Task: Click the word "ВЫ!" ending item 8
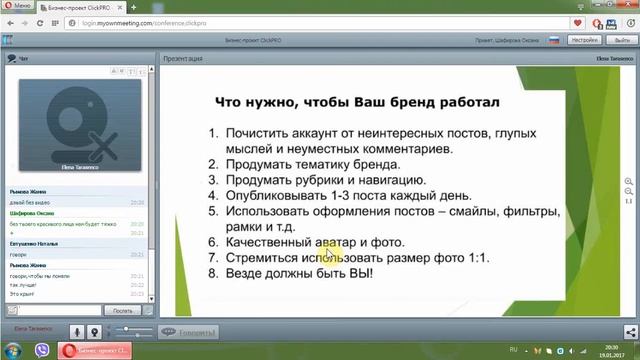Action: (352, 273)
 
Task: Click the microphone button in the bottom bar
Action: (77, 331)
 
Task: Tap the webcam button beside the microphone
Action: (94, 331)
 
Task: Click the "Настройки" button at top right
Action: (585, 41)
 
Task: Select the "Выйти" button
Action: (617, 41)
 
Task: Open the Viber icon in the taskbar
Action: (41, 351)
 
